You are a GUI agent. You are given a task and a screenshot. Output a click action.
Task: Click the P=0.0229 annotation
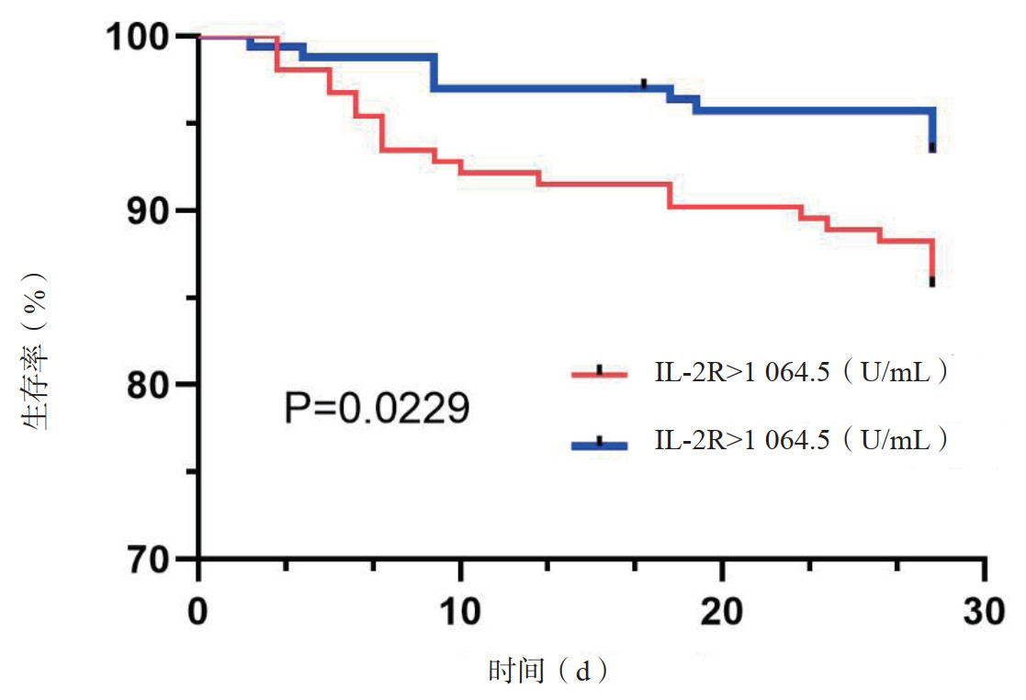(x=377, y=408)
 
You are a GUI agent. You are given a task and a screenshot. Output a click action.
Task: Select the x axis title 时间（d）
(x=548, y=672)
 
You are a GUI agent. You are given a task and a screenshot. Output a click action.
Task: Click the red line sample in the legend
(x=599, y=374)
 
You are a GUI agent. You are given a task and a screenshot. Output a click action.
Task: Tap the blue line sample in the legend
(x=599, y=445)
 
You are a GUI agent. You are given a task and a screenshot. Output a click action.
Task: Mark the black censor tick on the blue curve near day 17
(x=644, y=84)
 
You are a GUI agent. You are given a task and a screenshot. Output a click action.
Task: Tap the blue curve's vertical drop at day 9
(x=434, y=73)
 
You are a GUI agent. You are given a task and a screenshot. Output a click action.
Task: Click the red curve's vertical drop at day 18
(x=670, y=196)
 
